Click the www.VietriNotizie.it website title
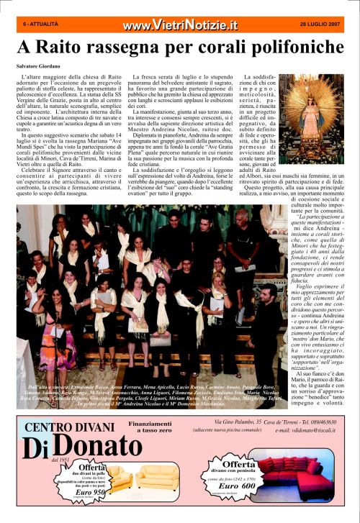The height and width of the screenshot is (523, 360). point(179,25)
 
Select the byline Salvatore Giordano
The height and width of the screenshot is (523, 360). point(41,66)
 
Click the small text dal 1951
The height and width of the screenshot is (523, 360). point(60,458)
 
